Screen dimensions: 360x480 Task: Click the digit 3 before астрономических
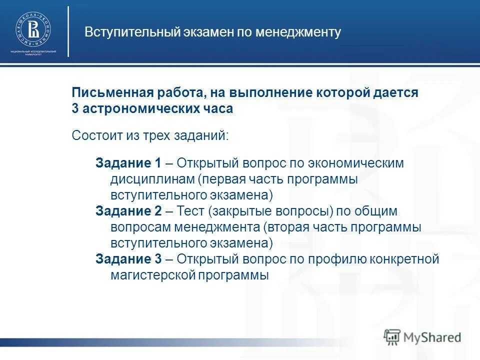point(75,109)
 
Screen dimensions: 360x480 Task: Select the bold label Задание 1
point(128,163)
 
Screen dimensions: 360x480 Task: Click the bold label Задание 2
point(128,211)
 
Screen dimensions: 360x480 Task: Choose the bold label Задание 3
point(128,259)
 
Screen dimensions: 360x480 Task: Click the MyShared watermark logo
point(422,336)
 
